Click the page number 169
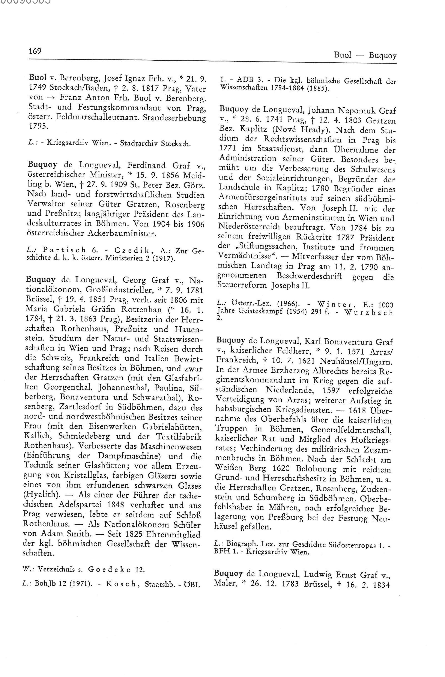point(35,51)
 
